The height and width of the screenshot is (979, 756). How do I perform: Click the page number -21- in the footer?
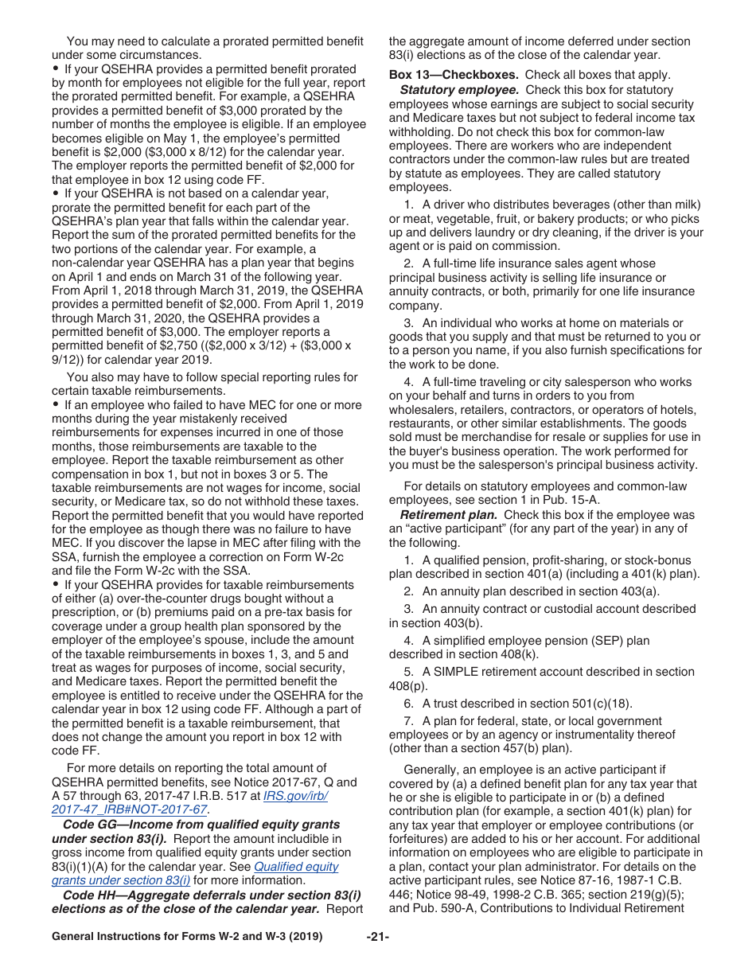click(377, 937)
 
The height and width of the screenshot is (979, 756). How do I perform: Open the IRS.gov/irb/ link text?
click(294, 796)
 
